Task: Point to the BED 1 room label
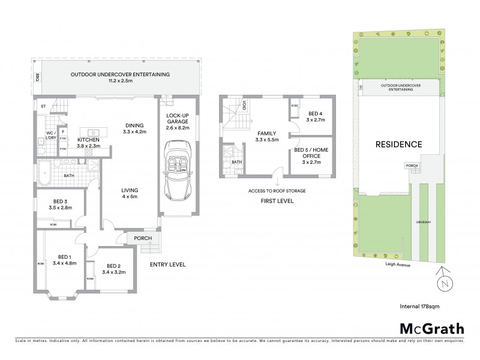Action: coord(64,257)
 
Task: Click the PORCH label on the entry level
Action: coord(143,238)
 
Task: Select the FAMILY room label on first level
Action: coord(267,133)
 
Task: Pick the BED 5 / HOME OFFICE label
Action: coord(311,152)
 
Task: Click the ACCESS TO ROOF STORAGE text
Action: coord(277,191)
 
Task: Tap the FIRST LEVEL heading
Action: coord(277,201)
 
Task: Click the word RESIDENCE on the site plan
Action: coord(398,144)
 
